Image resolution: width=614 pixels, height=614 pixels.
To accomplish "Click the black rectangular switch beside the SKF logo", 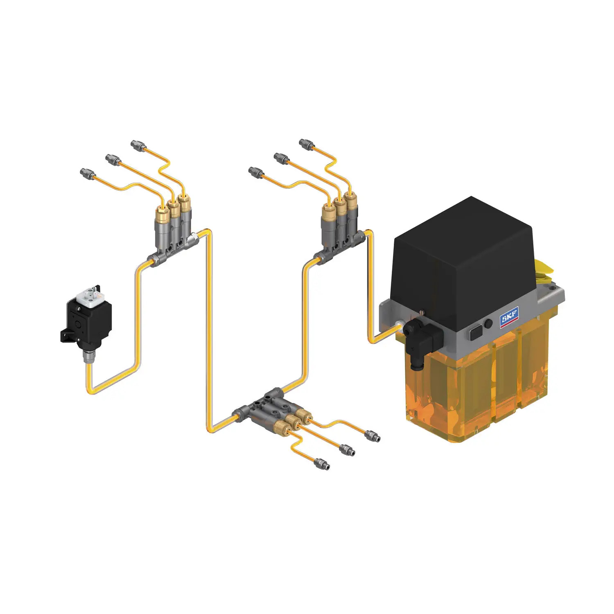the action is pyautogui.click(x=476, y=332).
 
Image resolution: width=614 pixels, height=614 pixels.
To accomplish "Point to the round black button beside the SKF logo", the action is pyautogui.click(x=488, y=323).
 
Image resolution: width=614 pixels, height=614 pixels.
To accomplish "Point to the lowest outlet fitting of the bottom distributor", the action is pyautogui.click(x=321, y=465).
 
